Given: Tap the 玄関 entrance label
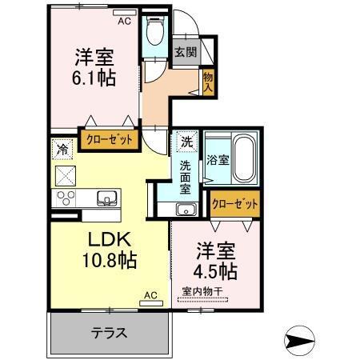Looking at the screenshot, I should pos(185,52).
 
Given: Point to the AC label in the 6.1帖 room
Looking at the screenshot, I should pos(124,22).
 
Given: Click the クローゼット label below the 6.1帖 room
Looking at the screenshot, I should pos(109,138).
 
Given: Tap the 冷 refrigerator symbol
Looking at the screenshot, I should pos(62,149).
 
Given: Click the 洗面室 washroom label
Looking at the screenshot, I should pos(184,178).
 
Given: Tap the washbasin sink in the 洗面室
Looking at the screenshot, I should pos(186,210).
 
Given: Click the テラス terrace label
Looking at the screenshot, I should pos(110,333).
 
